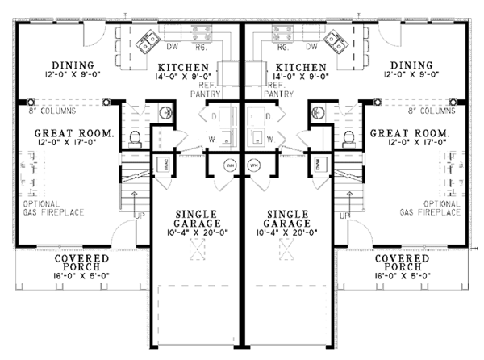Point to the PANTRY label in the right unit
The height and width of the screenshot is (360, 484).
tap(279, 94)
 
